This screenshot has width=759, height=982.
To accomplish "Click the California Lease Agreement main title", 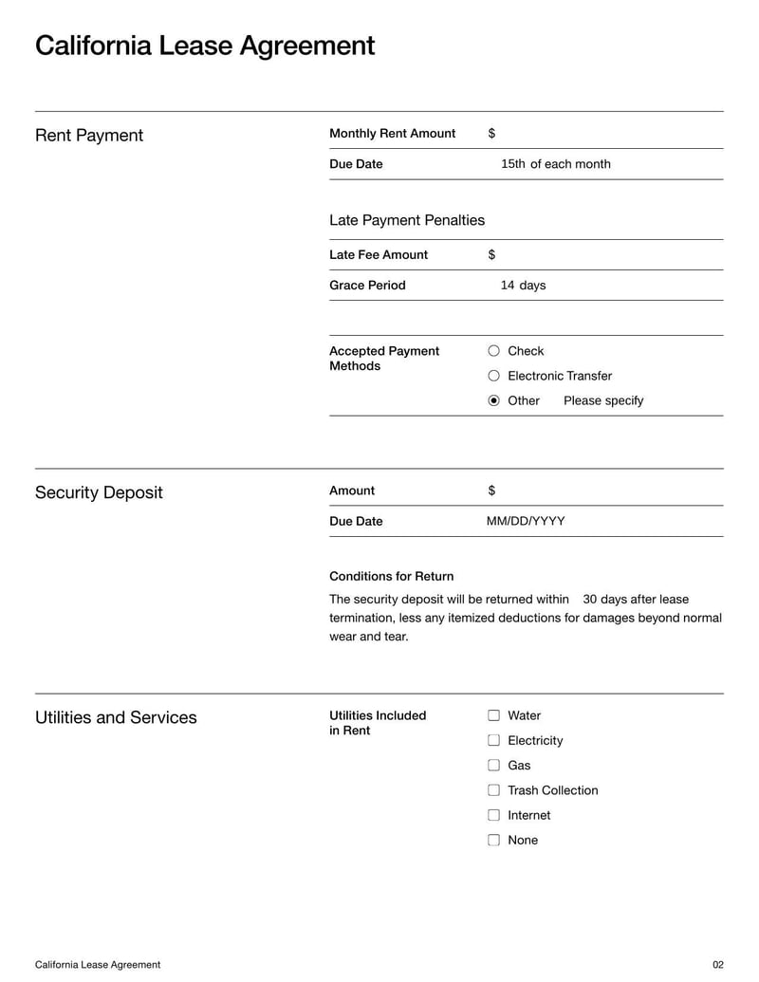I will (205, 46).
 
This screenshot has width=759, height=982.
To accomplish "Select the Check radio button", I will (493, 351).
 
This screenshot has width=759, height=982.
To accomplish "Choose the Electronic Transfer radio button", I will (493, 376).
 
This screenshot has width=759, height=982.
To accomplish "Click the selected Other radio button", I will (493, 400).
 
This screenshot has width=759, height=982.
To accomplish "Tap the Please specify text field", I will (603, 400).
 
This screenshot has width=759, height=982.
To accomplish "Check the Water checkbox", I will (493, 715).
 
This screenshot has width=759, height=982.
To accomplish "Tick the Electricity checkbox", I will (493, 740).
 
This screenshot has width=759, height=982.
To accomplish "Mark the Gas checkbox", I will (493, 765).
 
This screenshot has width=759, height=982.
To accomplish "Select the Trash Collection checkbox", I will (493, 790).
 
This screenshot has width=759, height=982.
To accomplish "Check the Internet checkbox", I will (493, 815).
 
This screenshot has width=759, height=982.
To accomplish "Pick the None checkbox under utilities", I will (493, 840).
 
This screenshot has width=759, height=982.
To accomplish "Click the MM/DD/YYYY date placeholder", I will (526, 521).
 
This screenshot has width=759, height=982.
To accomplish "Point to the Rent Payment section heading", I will (89, 136).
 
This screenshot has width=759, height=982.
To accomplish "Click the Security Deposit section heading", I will (99, 492).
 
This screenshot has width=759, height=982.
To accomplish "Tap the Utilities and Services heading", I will (116, 717).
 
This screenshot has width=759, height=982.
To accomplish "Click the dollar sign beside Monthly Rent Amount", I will (491, 134).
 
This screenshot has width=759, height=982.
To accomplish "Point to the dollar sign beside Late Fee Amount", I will (491, 254).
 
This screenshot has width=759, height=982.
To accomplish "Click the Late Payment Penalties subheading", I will (407, 220).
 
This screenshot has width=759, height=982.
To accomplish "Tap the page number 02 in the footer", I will (717, 965).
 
